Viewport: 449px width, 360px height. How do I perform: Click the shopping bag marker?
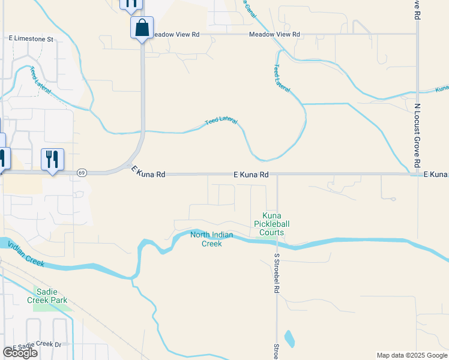pyautogui.click(x=142, y=28)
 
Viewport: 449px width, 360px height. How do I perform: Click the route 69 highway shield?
pyautogui.click(x=82, y=173)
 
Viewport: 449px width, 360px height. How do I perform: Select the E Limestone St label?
pyautogui.click(x=31, y=38)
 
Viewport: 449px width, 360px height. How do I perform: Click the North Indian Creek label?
pyautogui.click(x=211, y=239)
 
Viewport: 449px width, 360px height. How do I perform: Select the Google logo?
pyautogui.click(x=20, y=353)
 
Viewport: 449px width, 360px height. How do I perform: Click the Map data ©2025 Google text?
pyautogui.click(x=411, y=355)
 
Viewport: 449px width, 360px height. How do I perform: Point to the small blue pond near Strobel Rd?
pyautogui.click(x=289, y=339)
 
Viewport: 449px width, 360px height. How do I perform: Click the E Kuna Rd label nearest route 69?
pyautogui.click(x=148, y=173)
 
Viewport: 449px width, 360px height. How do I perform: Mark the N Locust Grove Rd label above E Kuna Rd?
pyautogui.click(x=417, y=129)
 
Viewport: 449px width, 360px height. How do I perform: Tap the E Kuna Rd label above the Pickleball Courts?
pyautogui.click(x=251, y=175)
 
